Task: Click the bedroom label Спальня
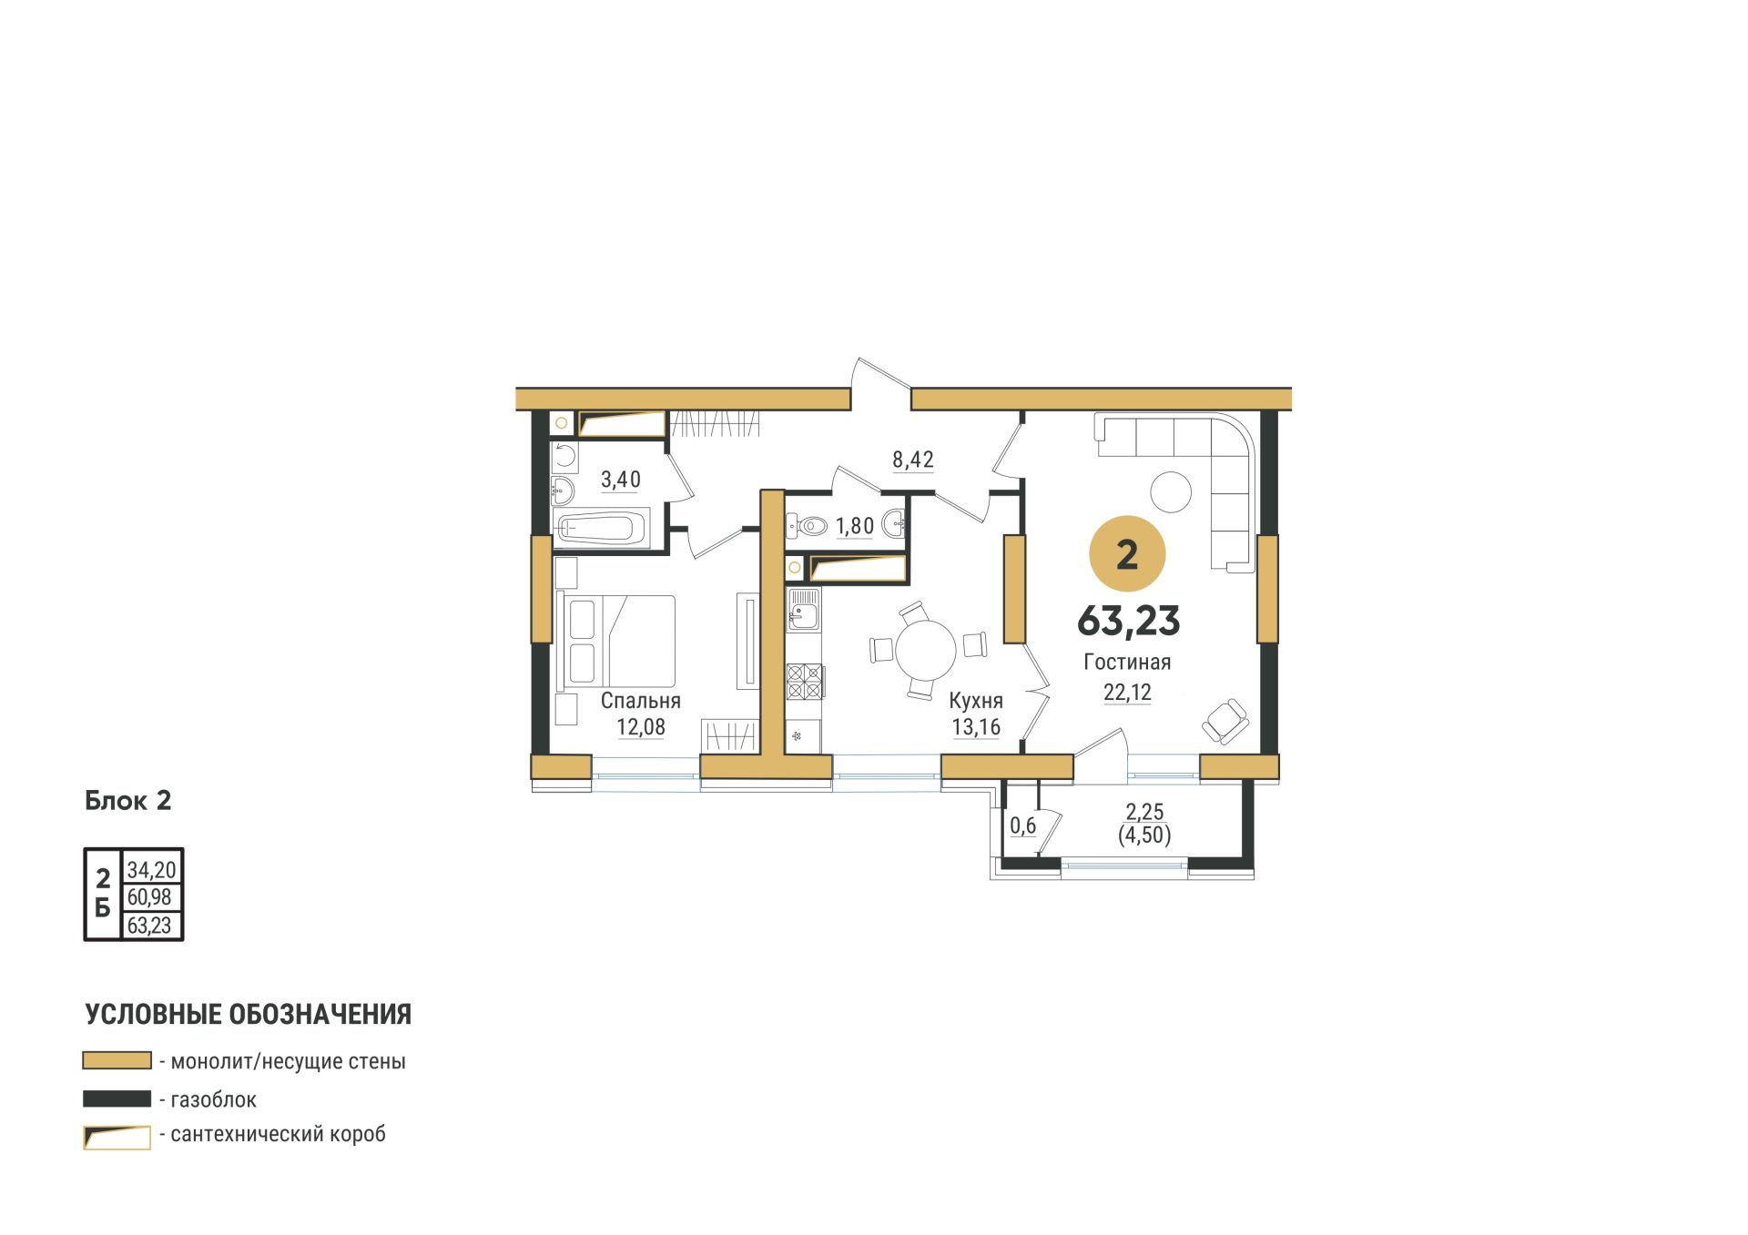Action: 640,701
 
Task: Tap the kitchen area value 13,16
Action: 976,727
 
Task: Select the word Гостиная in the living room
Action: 1127,663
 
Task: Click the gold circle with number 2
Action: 1127,554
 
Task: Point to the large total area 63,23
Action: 1128,621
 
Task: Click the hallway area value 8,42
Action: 913,460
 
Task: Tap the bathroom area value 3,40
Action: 621,480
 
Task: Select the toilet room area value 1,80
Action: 855,526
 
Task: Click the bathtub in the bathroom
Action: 601,529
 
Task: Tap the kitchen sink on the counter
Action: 803,609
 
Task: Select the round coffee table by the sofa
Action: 1171,493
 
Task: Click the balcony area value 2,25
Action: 1144,812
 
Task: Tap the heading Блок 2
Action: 128,801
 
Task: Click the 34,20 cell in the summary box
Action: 151,870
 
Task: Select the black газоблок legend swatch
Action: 117,1099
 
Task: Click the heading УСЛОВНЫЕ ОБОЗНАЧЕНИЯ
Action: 249,1015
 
